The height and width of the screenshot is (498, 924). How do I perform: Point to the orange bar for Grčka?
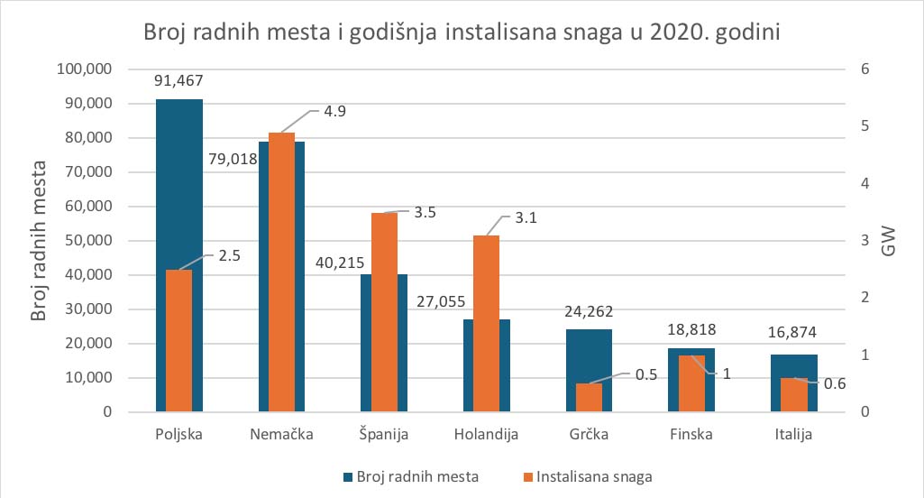[590, 398]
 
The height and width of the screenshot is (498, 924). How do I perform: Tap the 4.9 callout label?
[334, 112]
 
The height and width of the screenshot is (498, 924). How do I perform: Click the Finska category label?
[691, 434]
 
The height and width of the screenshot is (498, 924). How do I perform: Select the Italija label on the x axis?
[794, 434]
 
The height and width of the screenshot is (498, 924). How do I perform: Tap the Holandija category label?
[487, 434]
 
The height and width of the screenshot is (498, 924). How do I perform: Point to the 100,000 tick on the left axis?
[83, 69]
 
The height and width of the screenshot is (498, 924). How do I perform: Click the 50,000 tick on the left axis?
[87, 241]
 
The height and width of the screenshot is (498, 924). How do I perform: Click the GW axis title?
[888, 241]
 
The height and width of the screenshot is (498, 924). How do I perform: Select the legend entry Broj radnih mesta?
[410, 475]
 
